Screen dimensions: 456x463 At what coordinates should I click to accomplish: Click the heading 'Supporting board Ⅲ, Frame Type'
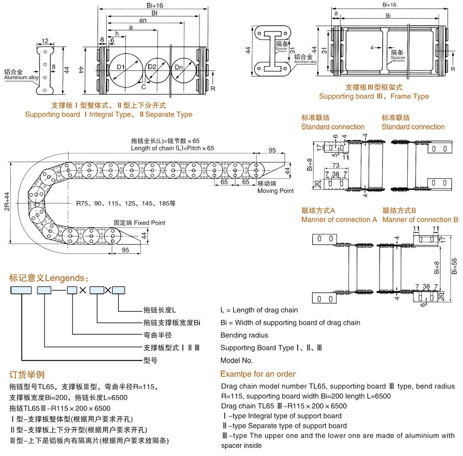(x=374, y=97)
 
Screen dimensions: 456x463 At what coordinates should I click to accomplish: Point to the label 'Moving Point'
(x=275, y=191)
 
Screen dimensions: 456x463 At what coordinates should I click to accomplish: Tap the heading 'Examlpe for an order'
(x=258, y=374)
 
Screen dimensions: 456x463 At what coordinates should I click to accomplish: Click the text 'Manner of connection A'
(x=339, y=220)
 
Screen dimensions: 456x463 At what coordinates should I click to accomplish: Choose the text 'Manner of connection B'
(x=420, y=220)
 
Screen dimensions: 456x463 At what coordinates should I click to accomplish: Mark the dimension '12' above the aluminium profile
(x=44, y=40)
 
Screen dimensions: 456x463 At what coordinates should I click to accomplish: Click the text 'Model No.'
(x=236, y=360)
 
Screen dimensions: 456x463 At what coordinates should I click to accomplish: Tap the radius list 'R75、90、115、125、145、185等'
(x=126, y=204)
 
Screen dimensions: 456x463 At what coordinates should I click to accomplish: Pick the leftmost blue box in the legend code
(x=21, y=291)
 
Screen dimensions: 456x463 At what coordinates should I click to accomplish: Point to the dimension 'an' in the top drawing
(x=143, y=20)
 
